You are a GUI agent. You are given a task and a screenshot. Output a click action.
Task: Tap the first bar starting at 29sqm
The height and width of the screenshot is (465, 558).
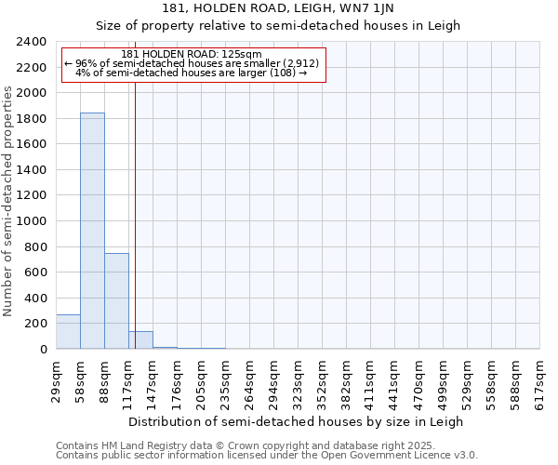pos(68,332)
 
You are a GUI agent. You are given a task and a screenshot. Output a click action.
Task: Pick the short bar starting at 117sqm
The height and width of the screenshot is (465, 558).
pos(140,340)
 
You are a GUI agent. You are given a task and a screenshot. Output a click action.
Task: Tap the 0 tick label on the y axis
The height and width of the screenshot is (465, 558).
pos(43,350)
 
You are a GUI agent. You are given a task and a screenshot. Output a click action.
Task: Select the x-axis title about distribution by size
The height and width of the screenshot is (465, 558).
pos(296,421)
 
